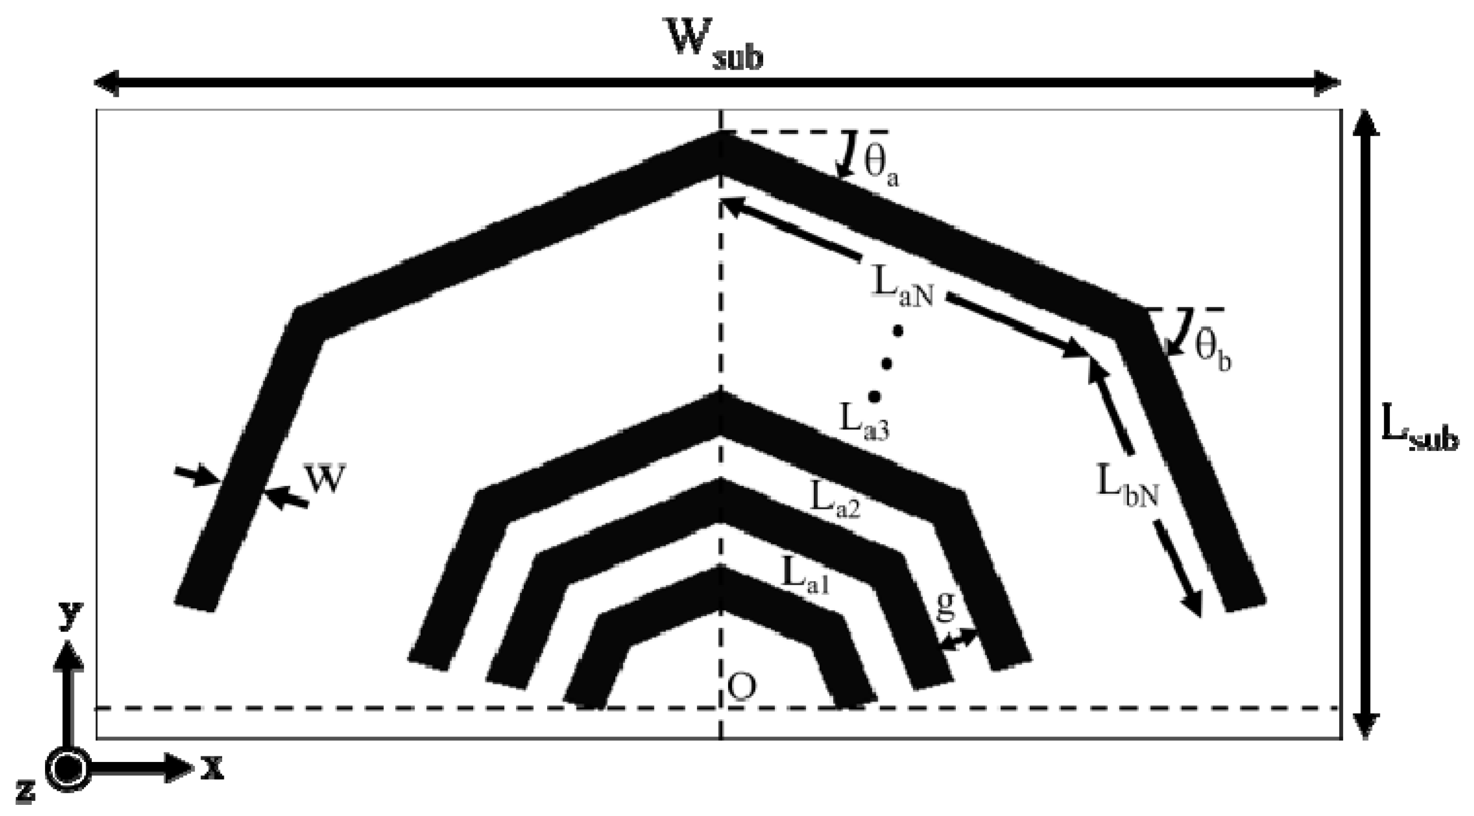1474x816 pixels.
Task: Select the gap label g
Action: (x=946, y=606)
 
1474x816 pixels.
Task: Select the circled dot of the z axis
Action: (x=68, y=769)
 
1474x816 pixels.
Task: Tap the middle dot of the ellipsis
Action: (x=886, y=363)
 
